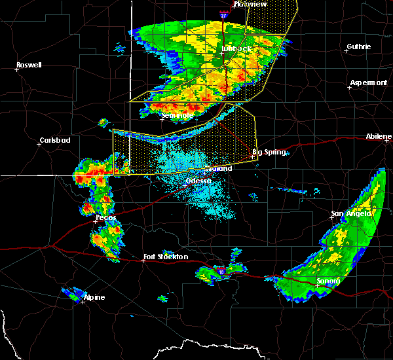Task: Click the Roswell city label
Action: [x=29, y=65]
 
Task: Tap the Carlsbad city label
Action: [x=54, y=140]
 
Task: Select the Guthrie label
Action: [x=359, y=46]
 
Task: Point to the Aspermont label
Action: [x=368, y=82]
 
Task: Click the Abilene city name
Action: [x=379, y=136]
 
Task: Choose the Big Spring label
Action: [x=269, y=152]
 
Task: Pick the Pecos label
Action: [x=105, y=217]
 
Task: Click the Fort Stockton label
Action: [x=166, y=257]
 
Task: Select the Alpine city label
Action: [x=94, y=298]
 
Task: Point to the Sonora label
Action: [x=327, y=281]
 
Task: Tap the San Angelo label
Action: [x=351, y=213]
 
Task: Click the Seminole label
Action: [x=178, y=115]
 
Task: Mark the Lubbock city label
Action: [x=236, y=48]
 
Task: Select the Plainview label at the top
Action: [x=250, y=4]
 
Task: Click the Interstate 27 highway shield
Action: [x=223, y=14]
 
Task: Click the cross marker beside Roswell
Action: [x=18, y=70]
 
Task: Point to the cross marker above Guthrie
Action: [x=346, y=50]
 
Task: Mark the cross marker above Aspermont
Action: [x=349, y=87]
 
